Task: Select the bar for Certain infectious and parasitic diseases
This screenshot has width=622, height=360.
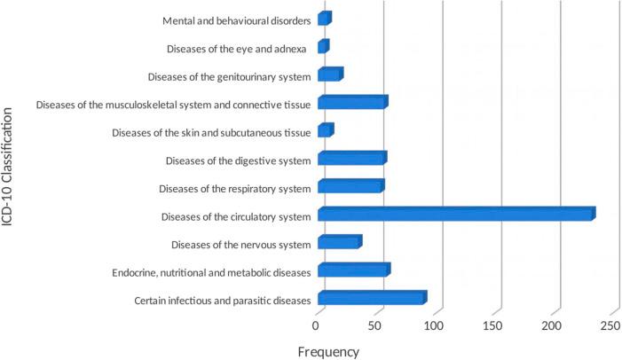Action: point(372,298)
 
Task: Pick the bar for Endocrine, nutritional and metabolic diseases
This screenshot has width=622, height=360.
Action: point(353,270)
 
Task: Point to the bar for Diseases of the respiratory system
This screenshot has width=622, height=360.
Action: point(350,186)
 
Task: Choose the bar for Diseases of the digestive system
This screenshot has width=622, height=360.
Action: point(351,159)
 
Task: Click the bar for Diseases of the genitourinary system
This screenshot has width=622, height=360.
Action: point(329,75)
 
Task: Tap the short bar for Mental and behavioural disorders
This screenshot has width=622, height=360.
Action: point(324,19)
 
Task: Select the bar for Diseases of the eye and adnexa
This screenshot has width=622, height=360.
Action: point(323,47)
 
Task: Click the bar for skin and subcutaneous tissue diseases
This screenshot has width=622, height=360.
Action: point(325,131)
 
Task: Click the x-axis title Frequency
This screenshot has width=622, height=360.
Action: point(328,351)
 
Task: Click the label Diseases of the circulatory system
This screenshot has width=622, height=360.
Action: point(235,215)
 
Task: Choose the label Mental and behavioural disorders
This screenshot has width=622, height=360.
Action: point(237,20)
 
